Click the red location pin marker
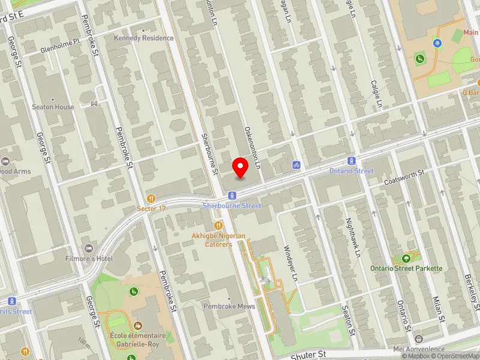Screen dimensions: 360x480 pyautogui.click(x=241, y=167)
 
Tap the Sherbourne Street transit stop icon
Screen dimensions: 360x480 pyautogui.click(x=232, y=195)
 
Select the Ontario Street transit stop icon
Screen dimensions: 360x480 pyautogui.click(x=352, y=161)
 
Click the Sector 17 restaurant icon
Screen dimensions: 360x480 pyautogui.click(x=151, y=198)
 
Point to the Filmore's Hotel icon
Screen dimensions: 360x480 pyautogui.click(x=90, y=248)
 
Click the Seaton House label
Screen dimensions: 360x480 pyautogui.click(x=53, y=107)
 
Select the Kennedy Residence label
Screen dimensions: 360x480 pyautogui.click(x=144, y=38)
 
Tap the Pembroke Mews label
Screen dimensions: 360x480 pyautogui.click(x=229, y=306)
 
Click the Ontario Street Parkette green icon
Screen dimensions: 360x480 pyautogui.click(x=407, y=258)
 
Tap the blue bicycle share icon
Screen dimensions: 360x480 pyautogui.click(x=296, y=164)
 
